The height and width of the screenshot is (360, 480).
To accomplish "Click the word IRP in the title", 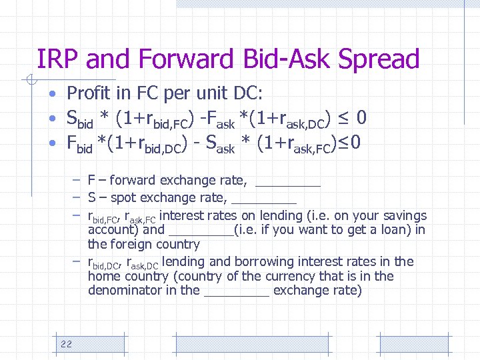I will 58,60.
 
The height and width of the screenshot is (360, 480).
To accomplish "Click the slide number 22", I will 66,343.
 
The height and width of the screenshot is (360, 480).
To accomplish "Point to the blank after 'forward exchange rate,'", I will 288,181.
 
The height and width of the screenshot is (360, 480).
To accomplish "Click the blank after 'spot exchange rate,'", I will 264,198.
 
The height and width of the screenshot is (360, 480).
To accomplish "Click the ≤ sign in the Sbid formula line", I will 343,119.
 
